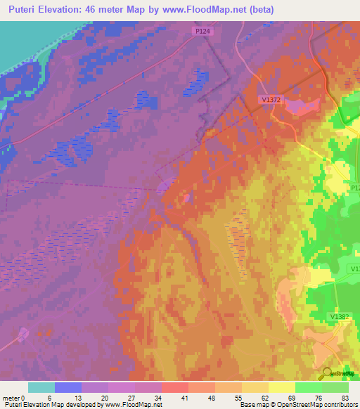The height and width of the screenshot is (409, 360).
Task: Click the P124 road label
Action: coord(202,32)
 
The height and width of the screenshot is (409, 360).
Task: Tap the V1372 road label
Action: coord(269,100)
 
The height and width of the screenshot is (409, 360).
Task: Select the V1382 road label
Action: coord(340,317)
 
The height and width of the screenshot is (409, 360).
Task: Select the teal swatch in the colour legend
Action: coord(41,387)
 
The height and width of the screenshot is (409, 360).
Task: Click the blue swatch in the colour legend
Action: coord(68,387)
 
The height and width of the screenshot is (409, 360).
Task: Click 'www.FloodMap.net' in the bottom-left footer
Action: coord(128,405)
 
